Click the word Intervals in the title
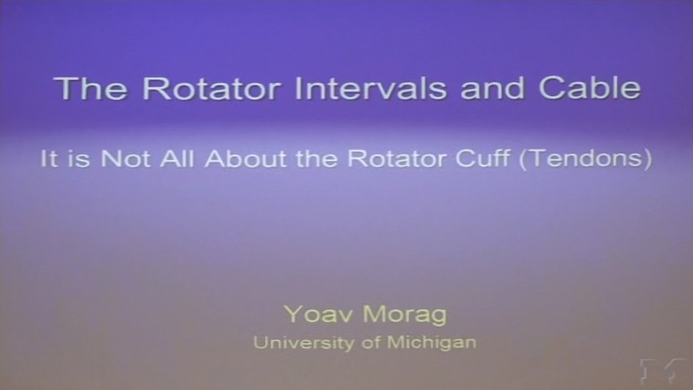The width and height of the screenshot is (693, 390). coord(371,89)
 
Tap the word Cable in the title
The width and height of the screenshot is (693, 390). coord(590,89)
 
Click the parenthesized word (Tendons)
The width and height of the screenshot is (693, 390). coord(585,159)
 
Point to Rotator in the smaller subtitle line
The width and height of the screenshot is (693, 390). coord(393,159)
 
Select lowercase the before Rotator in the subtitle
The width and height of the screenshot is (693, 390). coord(319,159)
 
